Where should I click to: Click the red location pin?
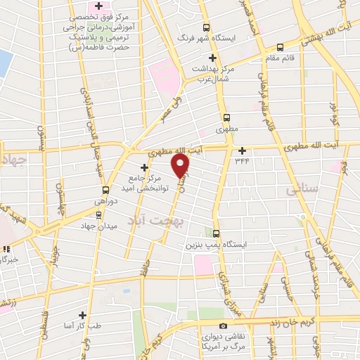181,165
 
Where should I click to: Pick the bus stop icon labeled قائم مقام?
281,47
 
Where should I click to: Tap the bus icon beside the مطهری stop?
226,118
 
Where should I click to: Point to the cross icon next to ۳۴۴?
242,150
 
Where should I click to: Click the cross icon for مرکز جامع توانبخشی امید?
145,167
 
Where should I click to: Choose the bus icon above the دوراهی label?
105,190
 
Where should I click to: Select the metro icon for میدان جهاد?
98,214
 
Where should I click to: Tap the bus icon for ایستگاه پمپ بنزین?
215,234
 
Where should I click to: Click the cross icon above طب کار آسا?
82,315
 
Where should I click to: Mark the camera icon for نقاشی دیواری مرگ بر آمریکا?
223,326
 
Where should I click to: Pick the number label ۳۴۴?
243,160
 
